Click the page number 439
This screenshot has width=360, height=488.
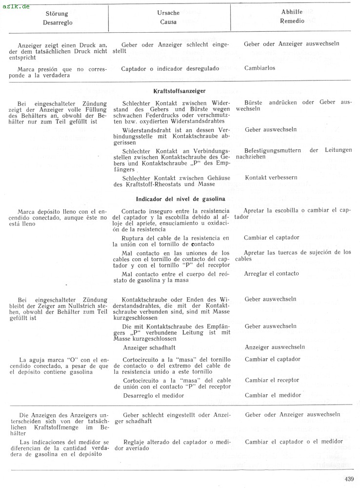[x=348, y=479]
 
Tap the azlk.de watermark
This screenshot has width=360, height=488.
[x=16, y=6]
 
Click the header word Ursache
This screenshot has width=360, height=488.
[x=168, y=13]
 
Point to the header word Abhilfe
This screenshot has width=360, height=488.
[x=293, y=12]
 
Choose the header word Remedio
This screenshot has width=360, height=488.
[x=293, y=21]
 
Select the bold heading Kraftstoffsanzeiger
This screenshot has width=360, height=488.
[x=179, y=91]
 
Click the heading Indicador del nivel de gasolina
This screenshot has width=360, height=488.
[x=180, y=199]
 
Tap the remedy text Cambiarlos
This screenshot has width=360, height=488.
[x=260, y=68]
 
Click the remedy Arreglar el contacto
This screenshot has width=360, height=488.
[x=271, y=273]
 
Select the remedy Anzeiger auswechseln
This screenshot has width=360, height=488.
[x=275, y=347]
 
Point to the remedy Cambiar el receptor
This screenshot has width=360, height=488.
[x=272, y=380]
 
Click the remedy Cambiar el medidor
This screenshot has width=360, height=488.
[x=273, y=395]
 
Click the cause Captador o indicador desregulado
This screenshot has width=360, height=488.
[x=170, y=68]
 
